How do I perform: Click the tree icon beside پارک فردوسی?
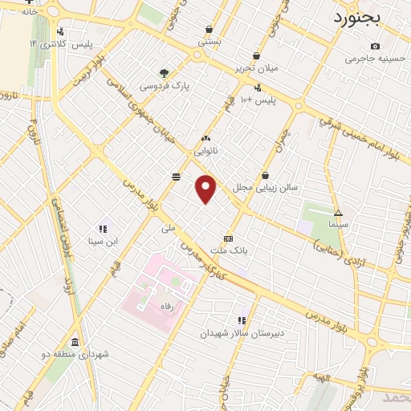pyautogui.click(x=165, y=73)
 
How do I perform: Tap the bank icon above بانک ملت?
pyautogui.click(x=229, y=238)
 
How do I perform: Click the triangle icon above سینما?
pyautogui.click(x=338, y=214)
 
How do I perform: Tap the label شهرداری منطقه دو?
pyautogui.click(x=75, y=354)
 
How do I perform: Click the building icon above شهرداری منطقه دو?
pyautogui.click(x=75, y=341)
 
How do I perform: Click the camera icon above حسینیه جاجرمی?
pyautogui.click(x=375, y=46)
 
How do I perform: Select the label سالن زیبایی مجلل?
pyautogui.click(x=265, y=187)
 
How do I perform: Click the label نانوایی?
pyautogui.click(x=205, y=150)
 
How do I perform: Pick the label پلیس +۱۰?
pyautogui.click(x=258, y=100)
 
